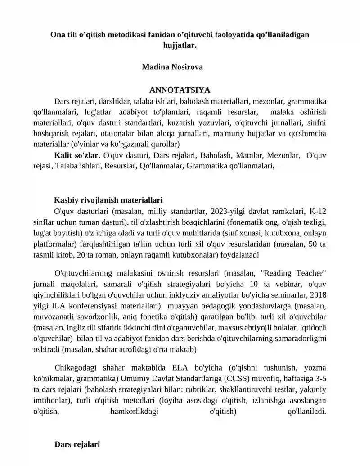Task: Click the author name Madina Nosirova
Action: click(172, 67)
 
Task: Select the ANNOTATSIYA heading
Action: click(180, 90)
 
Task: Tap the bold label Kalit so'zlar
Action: click(77, 155)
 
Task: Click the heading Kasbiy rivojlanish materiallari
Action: click(108, 200)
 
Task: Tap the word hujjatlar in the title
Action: click(180, 45)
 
